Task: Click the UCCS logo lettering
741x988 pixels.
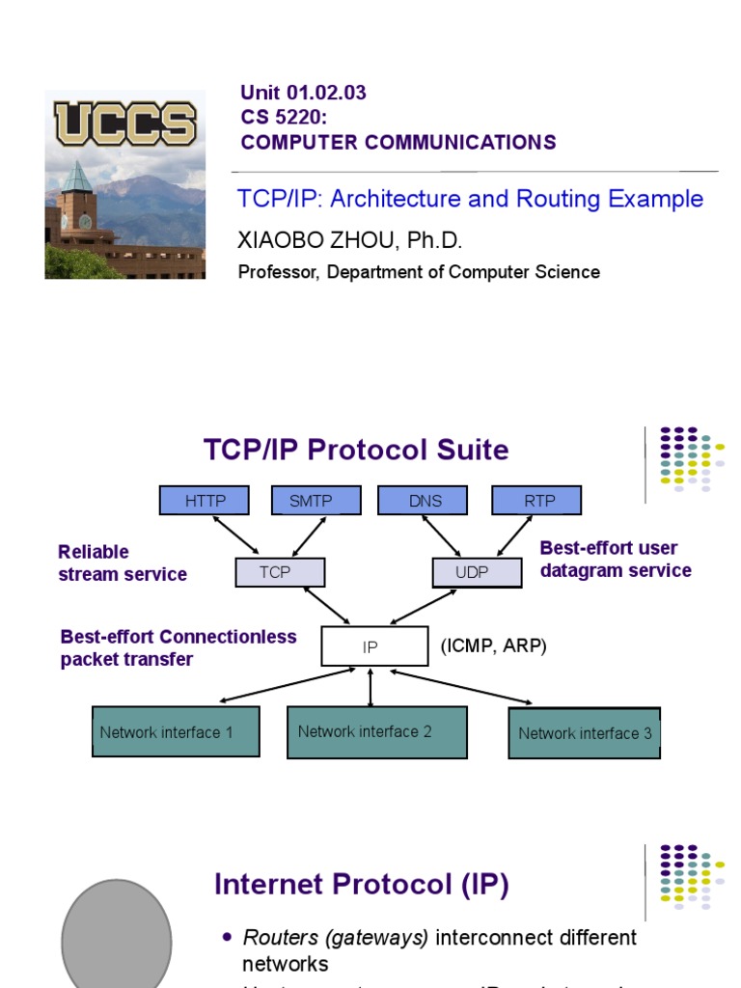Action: coord(124,123)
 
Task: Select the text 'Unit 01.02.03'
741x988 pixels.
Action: coord(303,94)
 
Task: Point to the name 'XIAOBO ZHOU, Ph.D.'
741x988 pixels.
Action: coord(343,240)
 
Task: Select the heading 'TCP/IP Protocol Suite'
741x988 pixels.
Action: coord(356,450)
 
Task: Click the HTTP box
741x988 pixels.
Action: coord(205,501)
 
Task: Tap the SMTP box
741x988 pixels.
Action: coord(311,501)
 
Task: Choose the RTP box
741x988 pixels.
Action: coord(536,501)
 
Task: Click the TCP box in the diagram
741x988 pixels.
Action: coord(280,572)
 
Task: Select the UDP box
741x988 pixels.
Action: coord(473,572)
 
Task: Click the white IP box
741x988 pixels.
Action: coord(374,646)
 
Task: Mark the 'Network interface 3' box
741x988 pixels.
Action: coord(585,733)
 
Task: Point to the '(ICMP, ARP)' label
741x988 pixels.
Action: coord(494,646)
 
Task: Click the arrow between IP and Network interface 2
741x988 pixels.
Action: coord(370,686)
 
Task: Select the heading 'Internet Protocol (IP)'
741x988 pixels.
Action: coord(361,885)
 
